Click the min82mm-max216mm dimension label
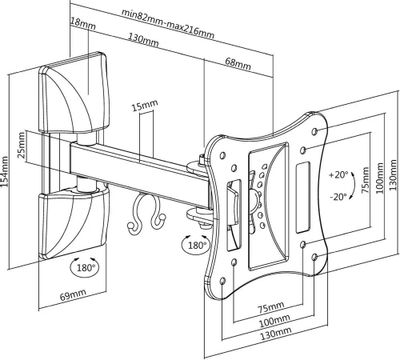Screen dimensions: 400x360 click(x=167, y=24)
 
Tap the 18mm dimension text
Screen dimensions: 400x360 click(x=83, y=24)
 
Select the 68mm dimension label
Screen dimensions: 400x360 click(x=238, y=63)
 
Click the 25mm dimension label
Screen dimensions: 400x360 click(x=21, y=145)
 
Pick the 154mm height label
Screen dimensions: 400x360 click(x=5, y=173)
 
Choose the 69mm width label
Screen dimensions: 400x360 click(x=73, y=295)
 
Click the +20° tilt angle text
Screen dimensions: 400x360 click(x=339, y=175)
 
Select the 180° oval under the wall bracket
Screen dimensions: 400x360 click(x=85, y=267)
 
